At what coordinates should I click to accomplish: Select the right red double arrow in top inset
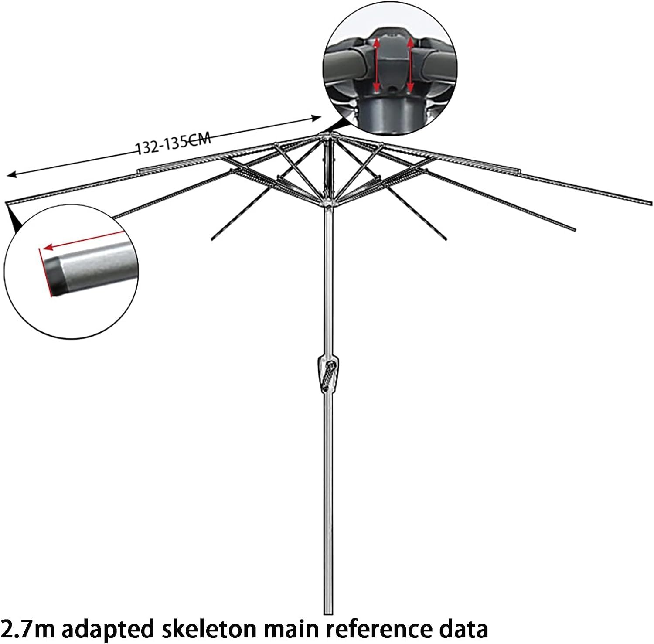pos(410,65)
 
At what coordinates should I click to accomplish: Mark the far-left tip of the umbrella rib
pos(7,203)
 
